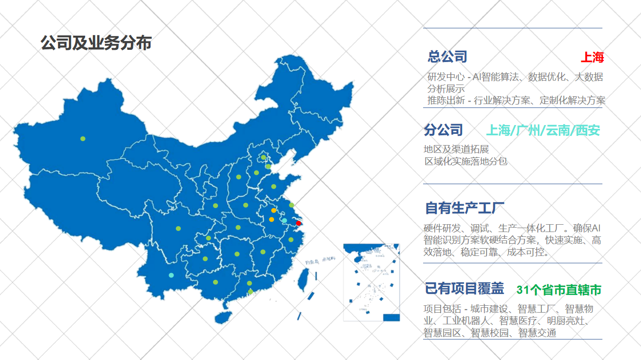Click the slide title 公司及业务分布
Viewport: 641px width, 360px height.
click(96, 43)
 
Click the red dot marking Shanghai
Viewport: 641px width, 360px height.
click(299, 223)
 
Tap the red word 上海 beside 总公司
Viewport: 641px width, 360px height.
click(592, 58)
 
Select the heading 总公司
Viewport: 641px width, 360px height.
click(448, 57)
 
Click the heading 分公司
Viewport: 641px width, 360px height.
click(443, 130)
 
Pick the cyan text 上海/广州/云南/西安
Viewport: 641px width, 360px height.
click(543, 130)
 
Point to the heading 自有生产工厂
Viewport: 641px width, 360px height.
click(465, 208)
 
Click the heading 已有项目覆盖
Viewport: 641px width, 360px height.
click(464, 289)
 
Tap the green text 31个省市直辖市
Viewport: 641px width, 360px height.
click(558, 290)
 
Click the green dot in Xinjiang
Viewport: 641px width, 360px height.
click(83, 139)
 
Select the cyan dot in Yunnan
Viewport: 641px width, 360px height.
click(171, 275)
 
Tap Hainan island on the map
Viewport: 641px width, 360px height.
click(223, 317)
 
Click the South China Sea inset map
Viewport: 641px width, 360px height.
click(371, 282)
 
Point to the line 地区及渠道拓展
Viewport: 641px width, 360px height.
click(456, 149)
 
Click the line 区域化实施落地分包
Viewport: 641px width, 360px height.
click(466, 161)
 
